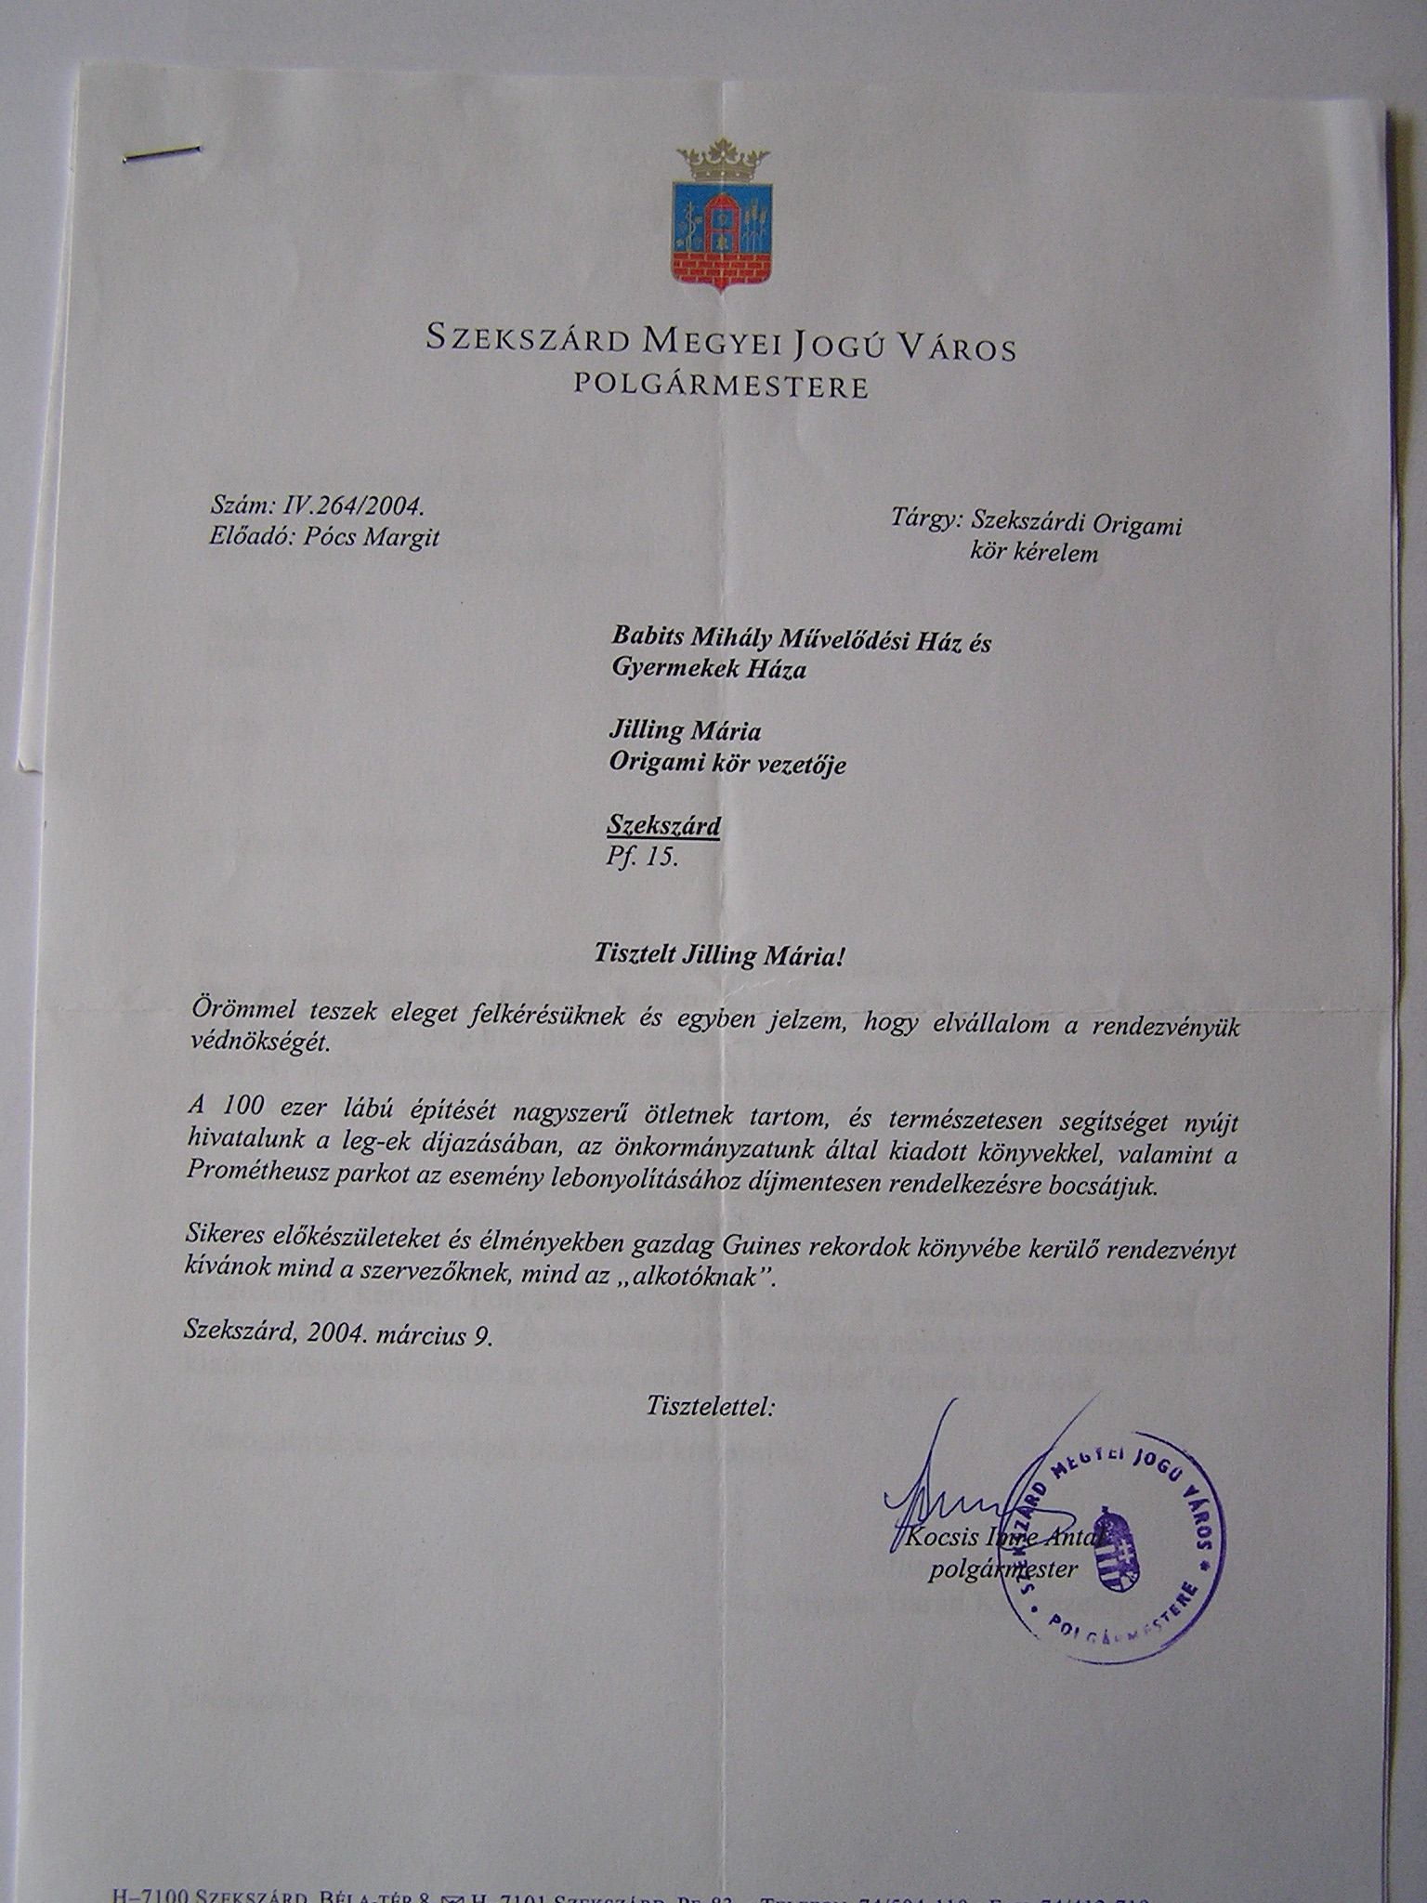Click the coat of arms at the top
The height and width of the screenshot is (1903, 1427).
724,218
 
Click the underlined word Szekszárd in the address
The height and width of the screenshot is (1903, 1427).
663,825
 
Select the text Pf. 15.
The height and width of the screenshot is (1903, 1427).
642,857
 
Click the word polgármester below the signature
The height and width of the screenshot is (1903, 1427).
1003,1569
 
